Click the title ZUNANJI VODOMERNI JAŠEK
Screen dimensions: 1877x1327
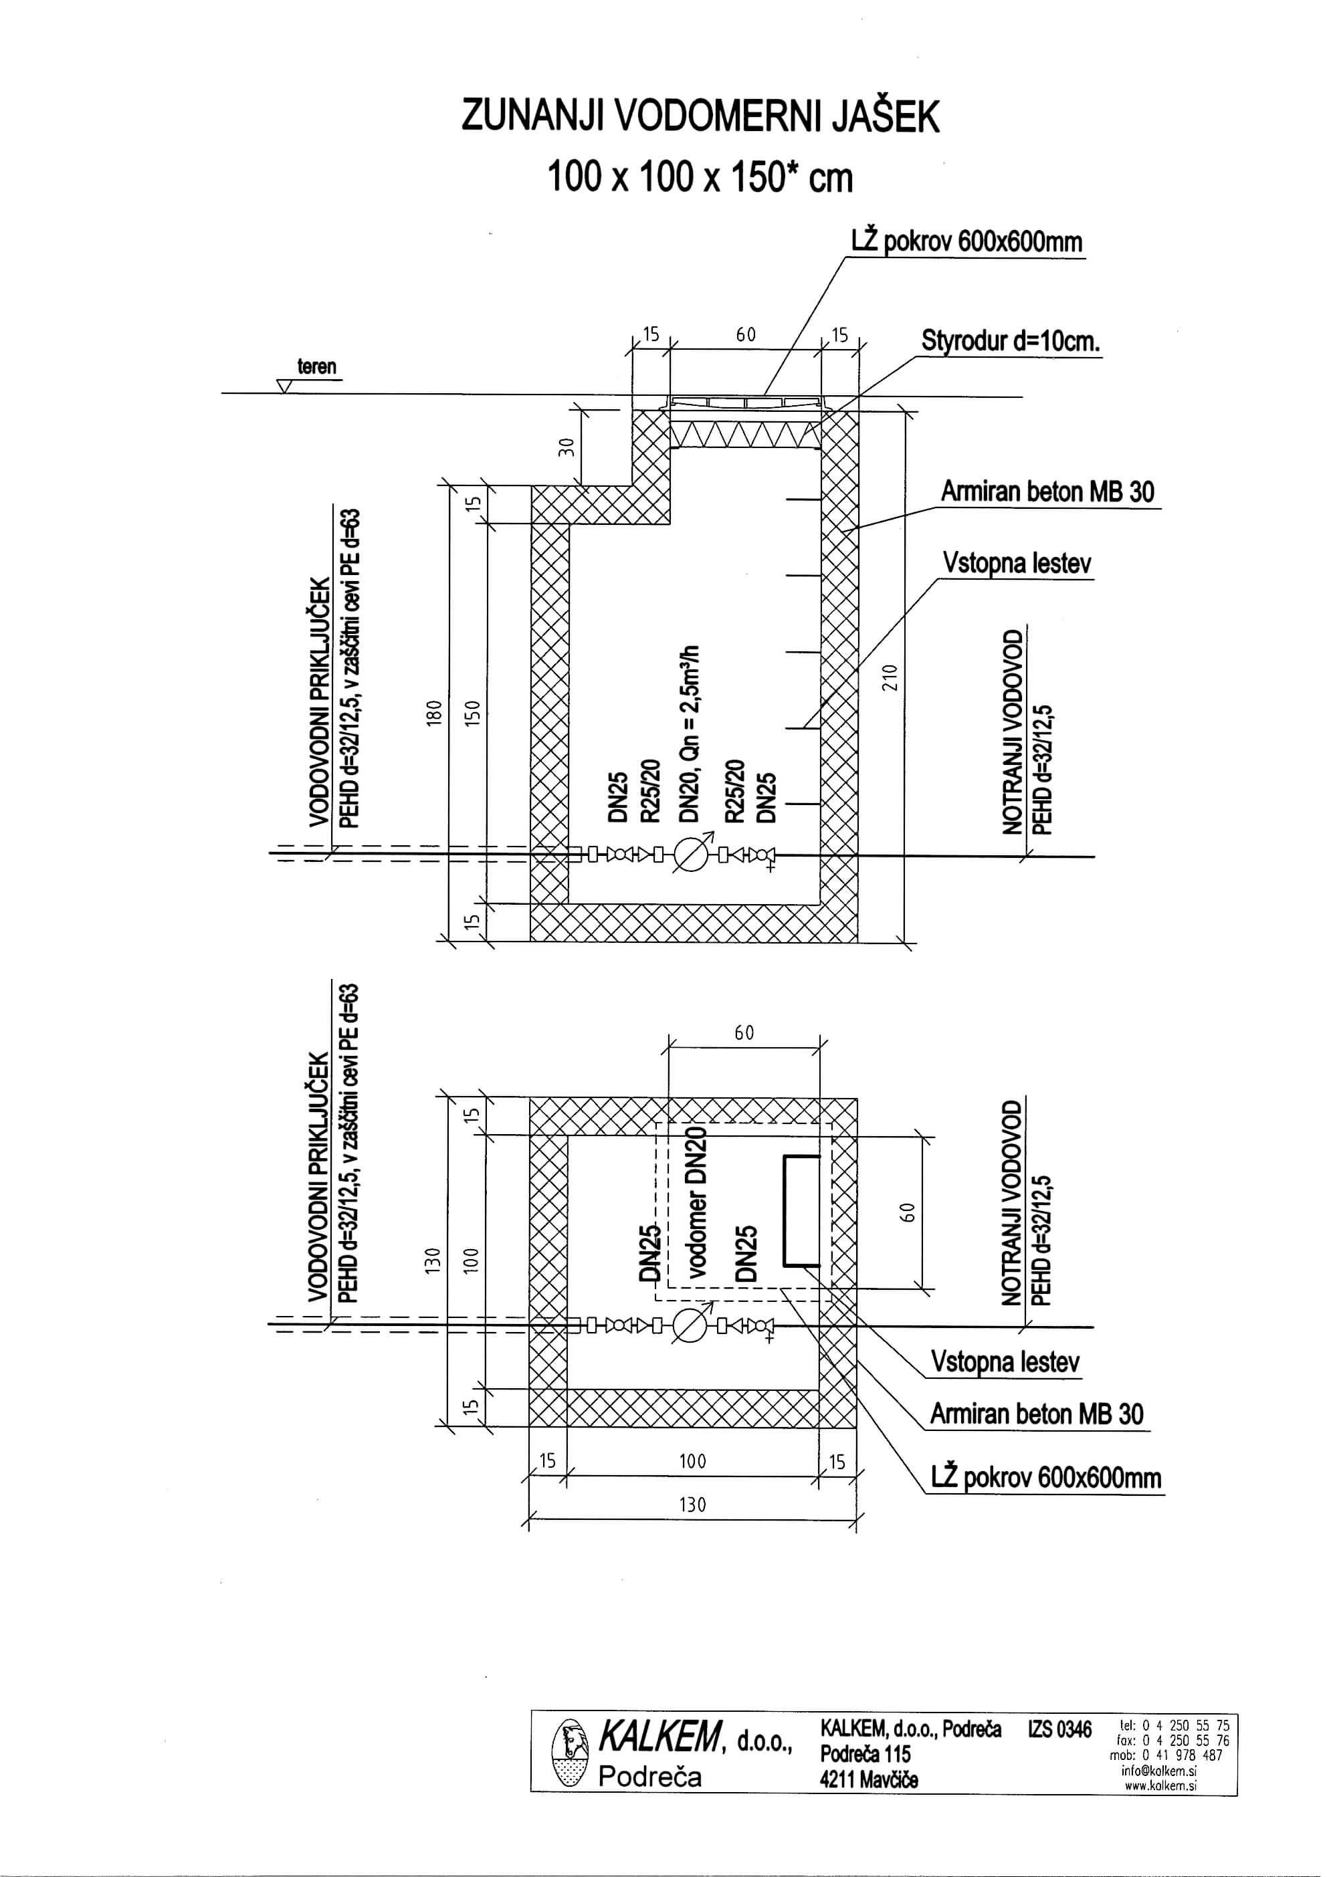(x=701, y=116)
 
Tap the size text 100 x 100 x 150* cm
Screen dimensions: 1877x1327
(x=701, y=177)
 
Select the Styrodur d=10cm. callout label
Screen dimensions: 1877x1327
(x=1011, y=341)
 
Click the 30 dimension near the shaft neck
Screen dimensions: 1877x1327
(x=571, y=447)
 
